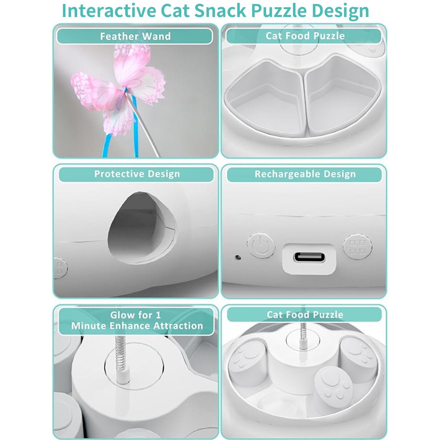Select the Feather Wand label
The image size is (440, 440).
135,37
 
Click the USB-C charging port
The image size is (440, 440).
309,257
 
